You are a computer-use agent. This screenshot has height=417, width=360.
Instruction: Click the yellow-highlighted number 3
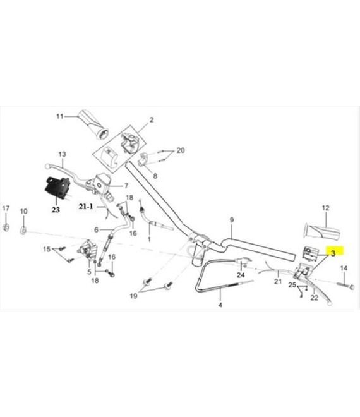(x=333, y=253)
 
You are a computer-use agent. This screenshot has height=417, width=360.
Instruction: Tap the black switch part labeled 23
(x=57, y=188)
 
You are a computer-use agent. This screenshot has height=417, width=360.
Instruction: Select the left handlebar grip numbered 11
(x=93, y=124)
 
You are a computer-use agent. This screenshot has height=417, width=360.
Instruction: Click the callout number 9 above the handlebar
(x=232, y=220)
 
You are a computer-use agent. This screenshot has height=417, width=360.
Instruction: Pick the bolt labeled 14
(x=345, y=286)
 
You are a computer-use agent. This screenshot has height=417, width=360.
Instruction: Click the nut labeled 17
(x=6, y=227)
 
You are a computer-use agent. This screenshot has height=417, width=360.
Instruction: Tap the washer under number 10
(x=23, y=231)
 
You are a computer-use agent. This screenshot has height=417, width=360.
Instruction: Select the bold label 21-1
(x=86, y=206)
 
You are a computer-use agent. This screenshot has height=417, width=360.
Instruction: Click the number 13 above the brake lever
(x=63, y=154)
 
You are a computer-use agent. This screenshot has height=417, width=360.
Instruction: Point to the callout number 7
(x=126, y=186)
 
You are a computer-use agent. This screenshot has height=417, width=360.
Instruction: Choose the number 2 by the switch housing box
(x=152, y=120)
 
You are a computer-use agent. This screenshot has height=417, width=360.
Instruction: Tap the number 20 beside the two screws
(x=181, y=150)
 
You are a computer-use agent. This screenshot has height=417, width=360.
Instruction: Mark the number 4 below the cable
(x=220, y=305)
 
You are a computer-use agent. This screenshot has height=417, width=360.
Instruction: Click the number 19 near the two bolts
(x=133, y=296)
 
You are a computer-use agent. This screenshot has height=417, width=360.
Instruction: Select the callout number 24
(x=241, y=275)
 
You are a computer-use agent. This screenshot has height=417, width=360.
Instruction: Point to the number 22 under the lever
(x=315, y=298)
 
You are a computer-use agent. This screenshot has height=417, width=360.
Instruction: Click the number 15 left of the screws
(x=47, y=249)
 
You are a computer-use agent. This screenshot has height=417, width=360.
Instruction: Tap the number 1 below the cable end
(x=149, y=239)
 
